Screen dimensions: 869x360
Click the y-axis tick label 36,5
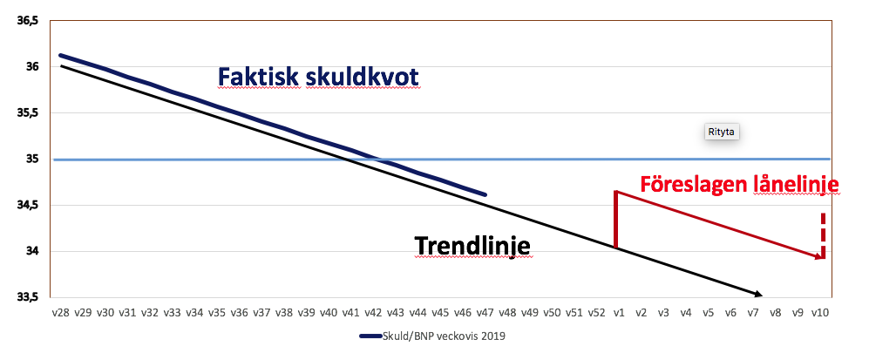(28, 21)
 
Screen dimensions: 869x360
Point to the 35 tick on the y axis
(32, 160)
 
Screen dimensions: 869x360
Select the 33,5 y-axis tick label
(28, 297)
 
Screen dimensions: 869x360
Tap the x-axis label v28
(60, 313)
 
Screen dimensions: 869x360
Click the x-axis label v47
(485, 313)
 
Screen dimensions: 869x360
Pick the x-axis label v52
(596, 313)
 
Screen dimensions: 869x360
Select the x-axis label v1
(619, 313)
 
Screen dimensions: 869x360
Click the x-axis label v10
(819, 313)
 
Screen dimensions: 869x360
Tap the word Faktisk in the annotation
(258, 77)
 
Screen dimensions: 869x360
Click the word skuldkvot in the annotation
(362, 77)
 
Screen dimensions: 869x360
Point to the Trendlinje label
(472, 246)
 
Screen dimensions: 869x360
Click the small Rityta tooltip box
(723, 132)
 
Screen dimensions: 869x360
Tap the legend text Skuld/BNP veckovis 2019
(444, 336)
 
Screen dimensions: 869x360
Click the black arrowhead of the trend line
(757, 294)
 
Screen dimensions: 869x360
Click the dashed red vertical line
(824, 234)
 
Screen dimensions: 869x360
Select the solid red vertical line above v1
(615, 220)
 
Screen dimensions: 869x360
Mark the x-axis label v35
(217, 313)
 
